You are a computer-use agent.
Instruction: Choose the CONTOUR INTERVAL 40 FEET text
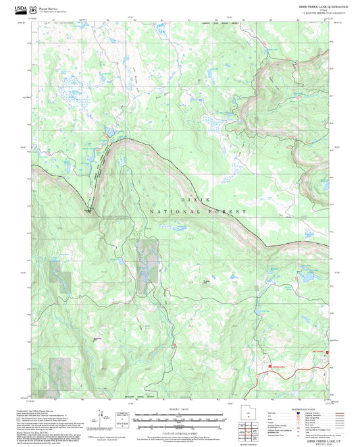click(x=180, y=431)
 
